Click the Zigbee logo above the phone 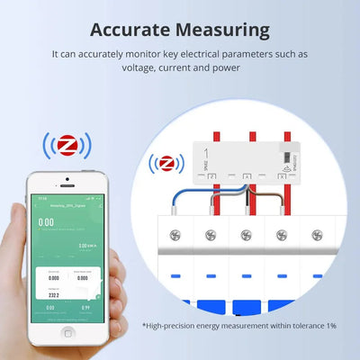[66, 145]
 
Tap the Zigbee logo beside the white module [166, 164]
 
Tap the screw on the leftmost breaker [177, 235]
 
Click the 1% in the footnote [330, 325]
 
